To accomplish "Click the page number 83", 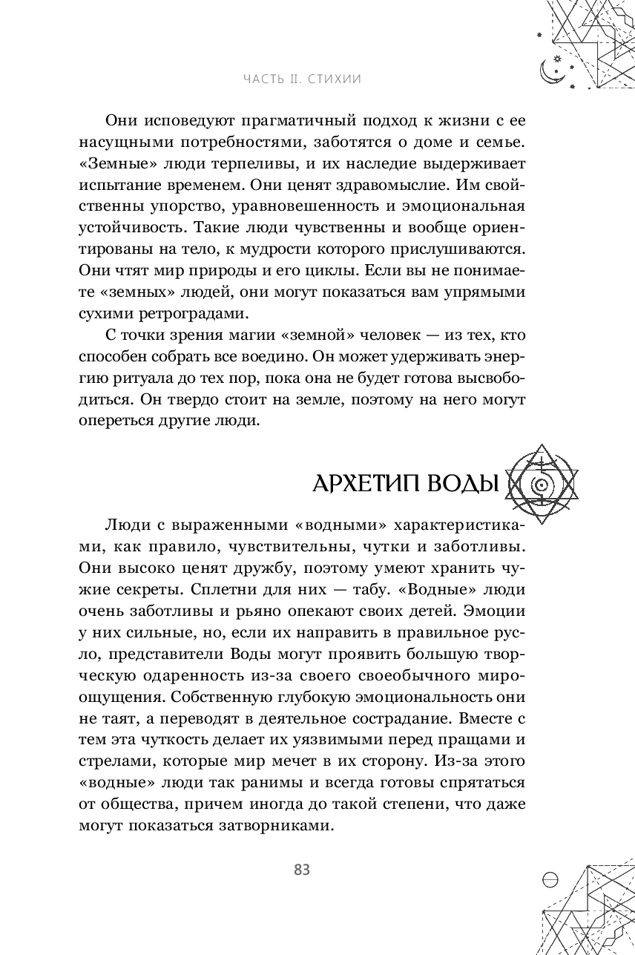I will pyautogui.click(x=301, y=870).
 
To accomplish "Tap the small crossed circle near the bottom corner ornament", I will pyautogui.click(x=551, y=876).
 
